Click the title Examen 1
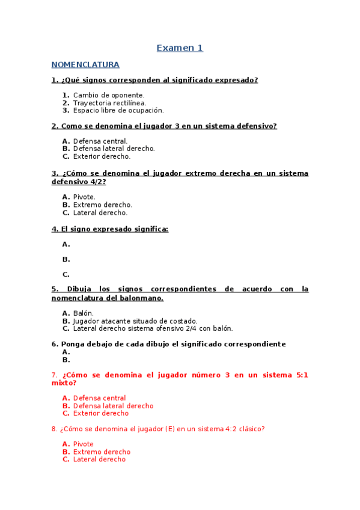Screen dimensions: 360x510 pyautogui.click(x=180, y=48)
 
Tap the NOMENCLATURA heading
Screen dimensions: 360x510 pyautogui.click(x=85, y=65)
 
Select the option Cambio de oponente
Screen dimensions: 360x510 pyautogui.click(x=109, y=95)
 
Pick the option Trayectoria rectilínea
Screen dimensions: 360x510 pyautogui.click(x=109, y=103)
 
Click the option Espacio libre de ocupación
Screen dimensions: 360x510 pyautogui.click(x=118, y=111)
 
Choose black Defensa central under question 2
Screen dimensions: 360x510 pyautogui.click(x=100, y=141)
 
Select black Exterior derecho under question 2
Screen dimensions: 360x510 pyautogui.click(x=102, y=156)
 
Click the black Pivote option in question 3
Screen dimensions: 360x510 pyautogui.click(x=84, y=197)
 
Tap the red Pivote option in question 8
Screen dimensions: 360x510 pyautogui.click(x=83, y=444)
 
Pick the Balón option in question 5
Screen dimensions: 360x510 pyautogui.click(x=84, y=313)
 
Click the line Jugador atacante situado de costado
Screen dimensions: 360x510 pyautogui.click(x=135, y=321)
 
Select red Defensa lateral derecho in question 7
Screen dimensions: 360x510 pyautogui.click(x=113, y=406)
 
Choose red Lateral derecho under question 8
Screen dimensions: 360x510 pyautogui.click(x=99, y=459)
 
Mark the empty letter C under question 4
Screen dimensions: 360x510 pyautogui.click(x=66, y=275)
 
